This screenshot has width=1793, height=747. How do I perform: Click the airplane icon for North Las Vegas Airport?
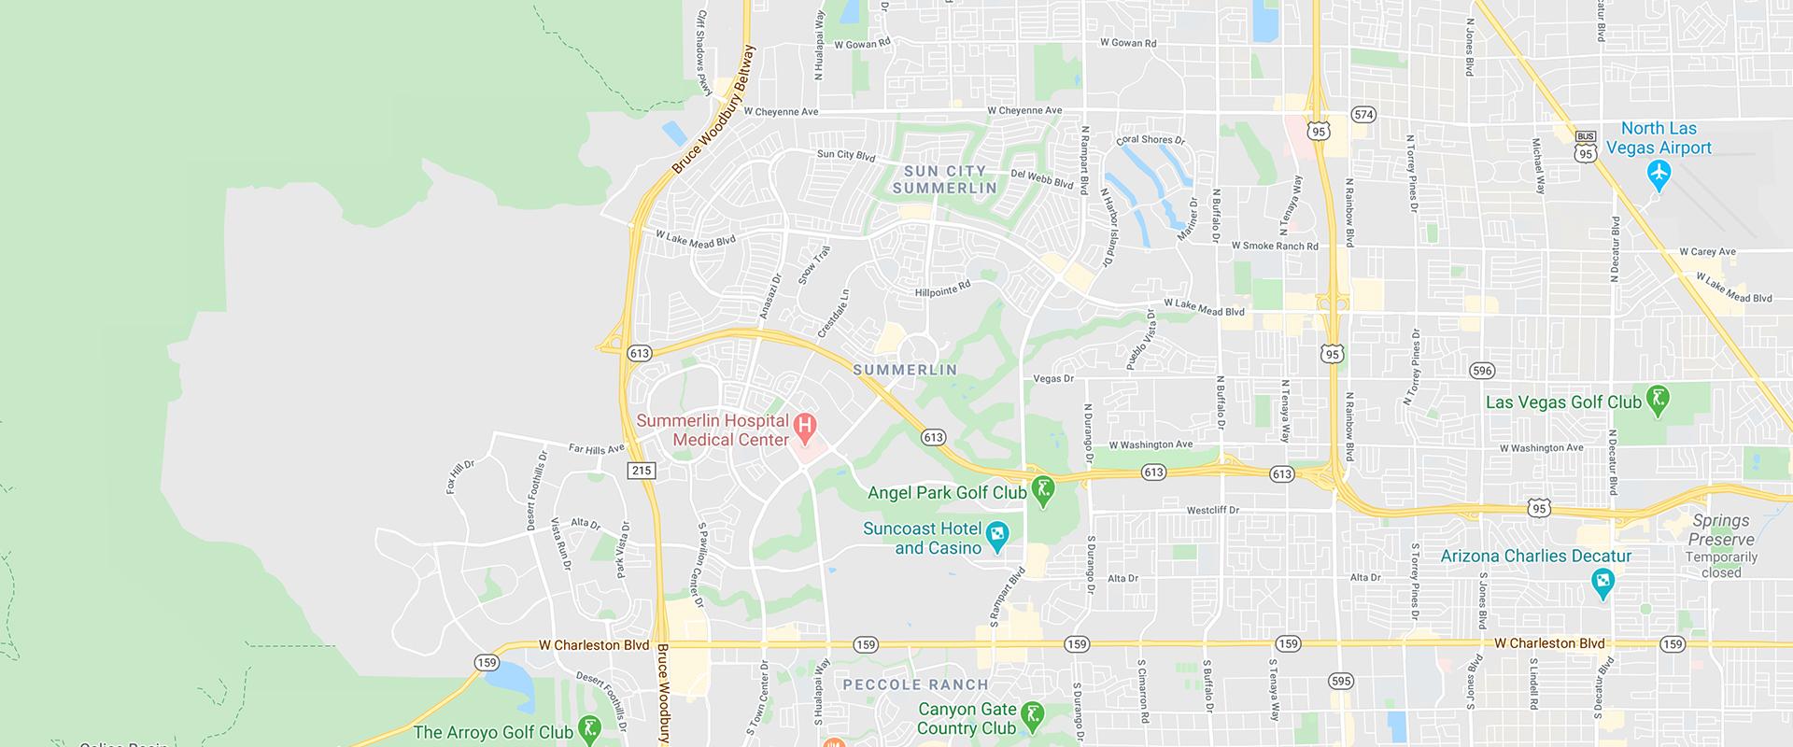(1659, 173)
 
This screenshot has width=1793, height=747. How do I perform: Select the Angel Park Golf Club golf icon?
(1043, 491)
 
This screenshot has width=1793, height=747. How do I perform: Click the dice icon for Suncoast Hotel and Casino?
(997, 535)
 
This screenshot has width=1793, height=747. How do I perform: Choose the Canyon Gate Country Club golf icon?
(1032, 716)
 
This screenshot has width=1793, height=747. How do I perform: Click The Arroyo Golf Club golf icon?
(589, 729)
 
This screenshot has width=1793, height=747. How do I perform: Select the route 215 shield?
(642, 471)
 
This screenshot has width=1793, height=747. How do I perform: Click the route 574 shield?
(1363, 115)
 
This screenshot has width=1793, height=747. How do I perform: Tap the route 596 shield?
(1481, 370)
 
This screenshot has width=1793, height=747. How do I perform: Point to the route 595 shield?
(1340, 681)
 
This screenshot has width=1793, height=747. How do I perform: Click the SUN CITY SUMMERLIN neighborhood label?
(944, 179)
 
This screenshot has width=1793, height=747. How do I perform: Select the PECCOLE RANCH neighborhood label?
(915, 684)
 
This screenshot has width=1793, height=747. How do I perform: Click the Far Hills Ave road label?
(597, 449)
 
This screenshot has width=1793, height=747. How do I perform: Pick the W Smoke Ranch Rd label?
(1275, 247)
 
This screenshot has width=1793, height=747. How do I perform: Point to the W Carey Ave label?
(1707, 251)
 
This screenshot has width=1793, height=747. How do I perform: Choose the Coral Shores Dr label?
(1151, 140)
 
